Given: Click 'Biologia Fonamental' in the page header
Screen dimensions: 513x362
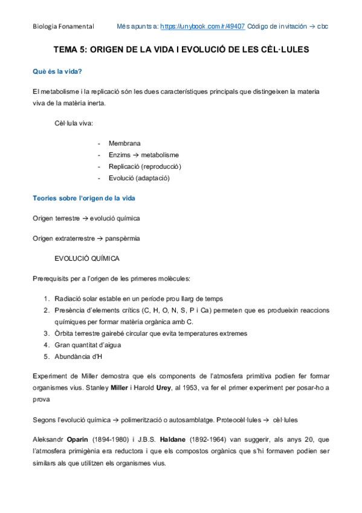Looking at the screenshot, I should [x=63, y=27].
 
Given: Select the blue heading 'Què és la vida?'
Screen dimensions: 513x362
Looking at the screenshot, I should [x=57, y=72].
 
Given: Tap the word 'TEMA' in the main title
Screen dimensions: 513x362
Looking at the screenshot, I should [x=65, y=51].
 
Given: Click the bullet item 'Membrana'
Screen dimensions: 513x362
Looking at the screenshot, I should [x=124, y=143].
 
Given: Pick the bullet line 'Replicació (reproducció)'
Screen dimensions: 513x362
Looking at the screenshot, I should [x=145, y=166].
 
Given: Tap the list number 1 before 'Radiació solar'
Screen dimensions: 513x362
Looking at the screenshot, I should [x=47, y=298].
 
